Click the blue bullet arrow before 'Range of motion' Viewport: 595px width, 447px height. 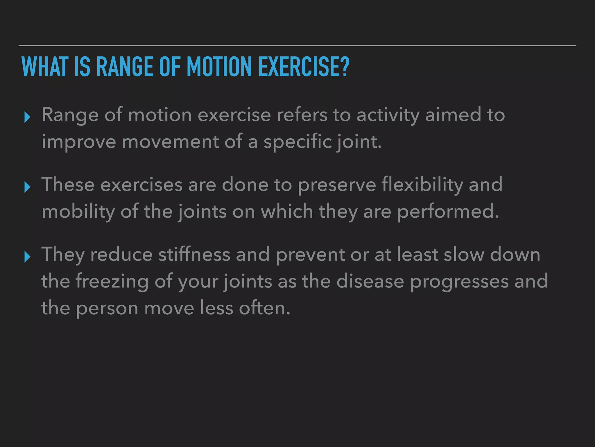tap(27, 117)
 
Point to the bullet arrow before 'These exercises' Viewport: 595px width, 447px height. tap(27, 187)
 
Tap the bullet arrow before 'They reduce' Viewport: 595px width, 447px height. tap(27, 257)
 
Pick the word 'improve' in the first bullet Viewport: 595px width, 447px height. tap(78, 142)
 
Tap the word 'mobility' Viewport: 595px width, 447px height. tap(78, 212)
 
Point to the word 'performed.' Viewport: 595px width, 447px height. tap(448, 212)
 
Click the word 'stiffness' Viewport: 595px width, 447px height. tap(194, 254)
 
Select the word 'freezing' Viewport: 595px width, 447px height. tap(112, 281)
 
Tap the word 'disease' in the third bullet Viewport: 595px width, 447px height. tap(370, 281)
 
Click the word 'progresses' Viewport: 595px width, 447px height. tap(459, 281)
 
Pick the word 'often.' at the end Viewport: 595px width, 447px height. tap(265, 308)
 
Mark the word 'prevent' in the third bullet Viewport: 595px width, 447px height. tap(310, 255)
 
